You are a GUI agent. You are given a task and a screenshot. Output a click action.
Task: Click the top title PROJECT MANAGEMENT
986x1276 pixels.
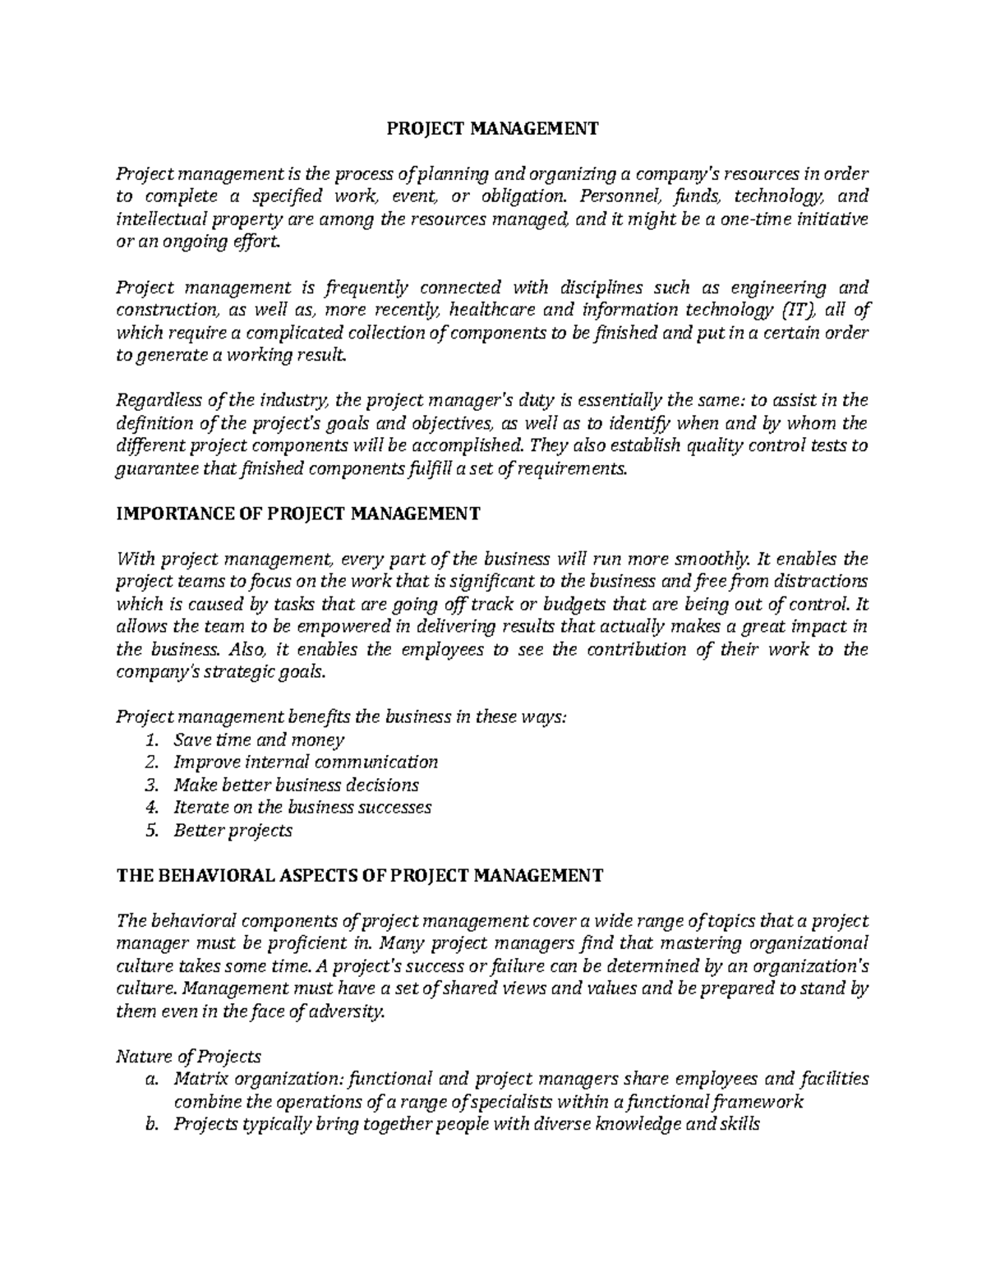coord(493,129)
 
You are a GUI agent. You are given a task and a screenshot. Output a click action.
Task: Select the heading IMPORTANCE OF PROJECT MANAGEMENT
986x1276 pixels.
coord(298,514)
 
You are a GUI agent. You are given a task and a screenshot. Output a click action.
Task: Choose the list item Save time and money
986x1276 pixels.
coord(259,740)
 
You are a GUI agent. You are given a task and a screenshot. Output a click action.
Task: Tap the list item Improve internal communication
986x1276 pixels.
coord(306,762)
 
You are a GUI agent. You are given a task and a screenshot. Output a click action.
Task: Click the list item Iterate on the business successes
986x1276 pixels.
coord(302,807)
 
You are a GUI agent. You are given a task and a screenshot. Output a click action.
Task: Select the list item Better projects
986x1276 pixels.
coord(233,830)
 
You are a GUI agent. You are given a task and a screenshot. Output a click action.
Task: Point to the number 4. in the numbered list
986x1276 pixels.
coord(150,807)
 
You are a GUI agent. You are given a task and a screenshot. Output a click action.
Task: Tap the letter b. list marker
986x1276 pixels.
coord(150,1125)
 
